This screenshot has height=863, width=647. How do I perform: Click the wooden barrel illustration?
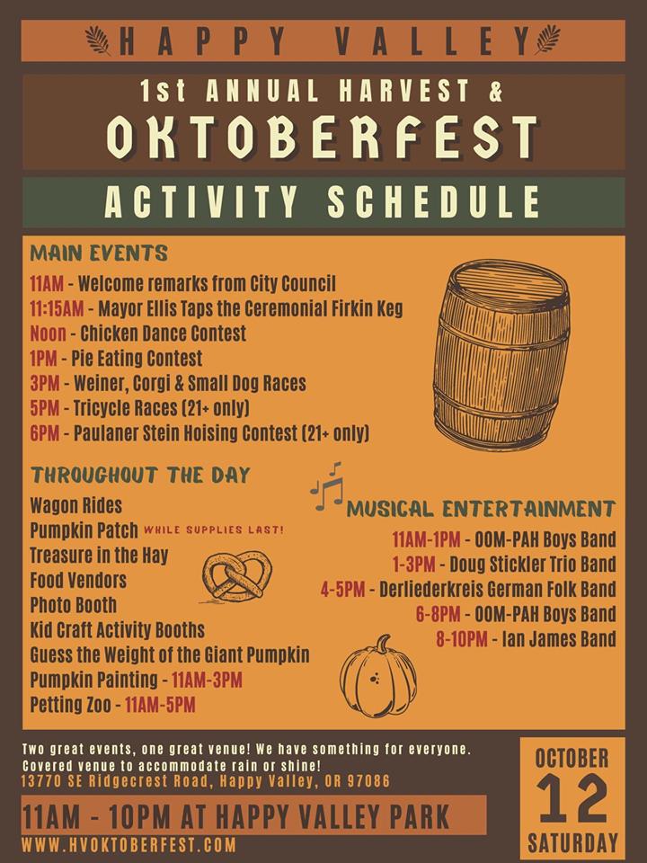[501, 356]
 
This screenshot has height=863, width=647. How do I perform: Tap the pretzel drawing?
[236, 576]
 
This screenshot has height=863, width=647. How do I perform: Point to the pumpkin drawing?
[378, 676]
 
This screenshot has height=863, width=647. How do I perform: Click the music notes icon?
[327, 486]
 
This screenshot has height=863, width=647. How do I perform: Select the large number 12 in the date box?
[572, 798]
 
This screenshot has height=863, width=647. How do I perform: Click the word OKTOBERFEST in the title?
[323, 138]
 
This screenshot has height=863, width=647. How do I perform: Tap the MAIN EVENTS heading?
[99, 254]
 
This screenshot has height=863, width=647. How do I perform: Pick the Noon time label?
[48, 334]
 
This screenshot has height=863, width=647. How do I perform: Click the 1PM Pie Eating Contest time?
[43, 359]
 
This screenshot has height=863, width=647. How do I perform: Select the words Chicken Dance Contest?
[164, 334]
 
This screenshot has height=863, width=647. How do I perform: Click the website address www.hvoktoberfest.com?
[129, 845]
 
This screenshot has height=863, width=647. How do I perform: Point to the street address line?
[206, 781]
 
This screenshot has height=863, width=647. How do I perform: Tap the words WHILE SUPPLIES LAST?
[214, 530]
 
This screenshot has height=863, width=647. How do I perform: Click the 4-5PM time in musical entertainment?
[342, 590]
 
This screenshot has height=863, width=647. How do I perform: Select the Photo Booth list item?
[73, 605]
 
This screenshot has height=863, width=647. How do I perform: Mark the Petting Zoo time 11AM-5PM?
[160, 705]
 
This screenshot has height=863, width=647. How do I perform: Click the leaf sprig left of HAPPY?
[99, 40]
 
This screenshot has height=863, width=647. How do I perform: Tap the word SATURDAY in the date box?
[572, 843]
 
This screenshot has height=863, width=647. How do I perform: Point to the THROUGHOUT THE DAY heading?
[141, 475]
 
